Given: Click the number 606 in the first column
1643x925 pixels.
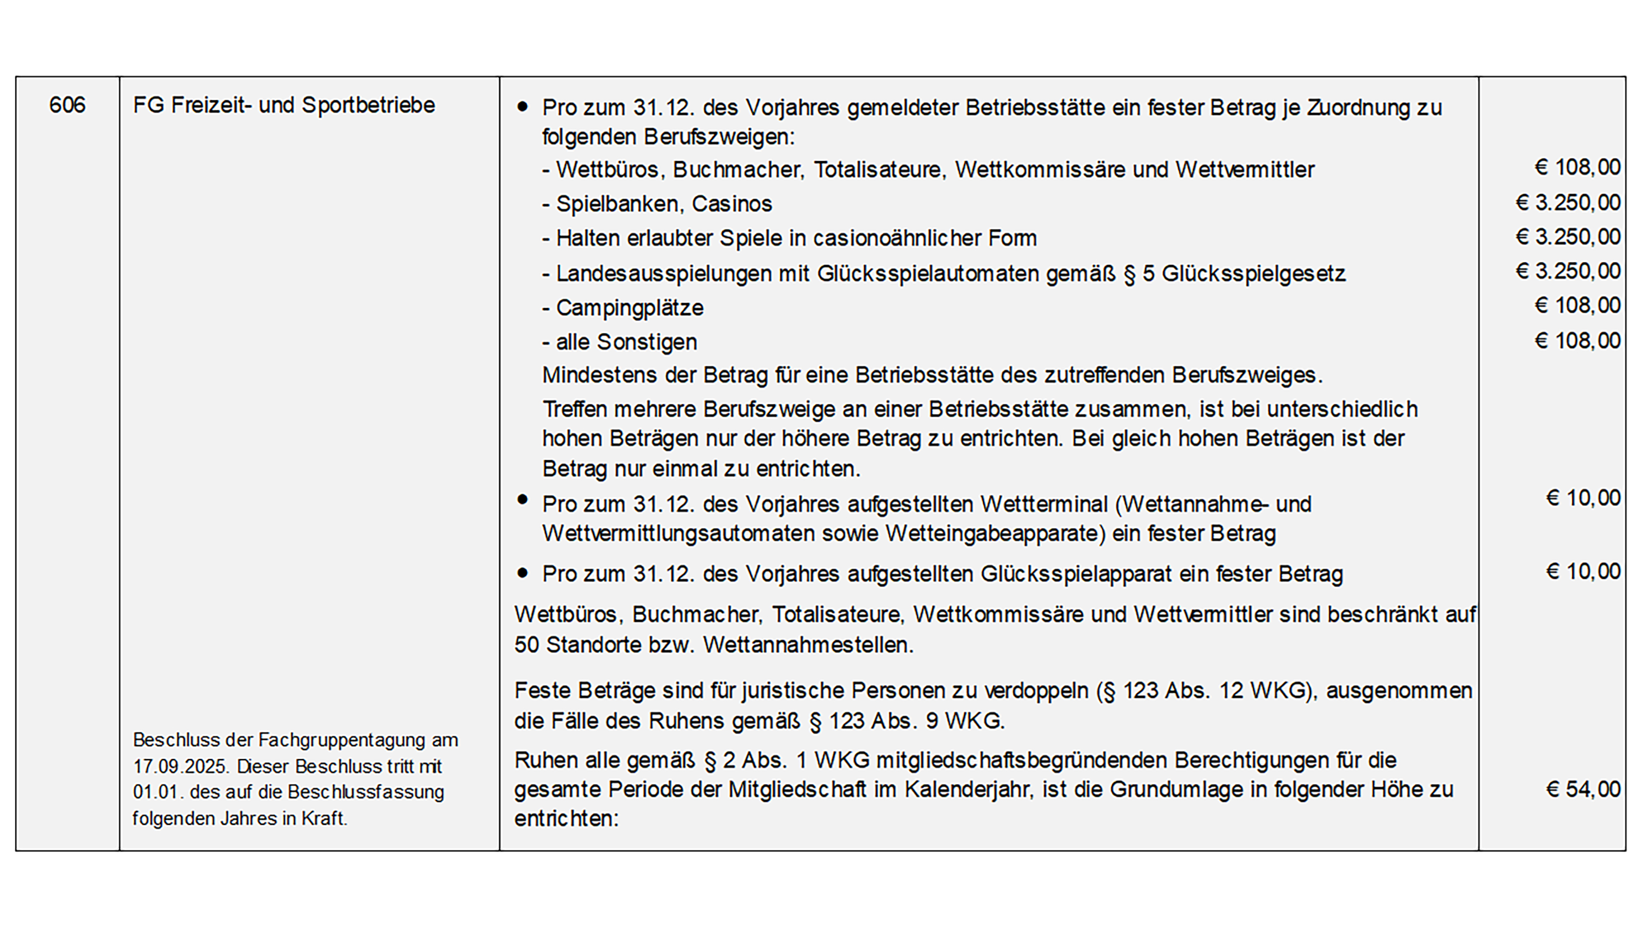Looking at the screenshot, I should (67, 105).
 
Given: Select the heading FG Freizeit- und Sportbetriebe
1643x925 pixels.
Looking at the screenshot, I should (284, 105).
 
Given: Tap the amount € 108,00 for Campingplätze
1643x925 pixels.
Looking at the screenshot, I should (1577, 306).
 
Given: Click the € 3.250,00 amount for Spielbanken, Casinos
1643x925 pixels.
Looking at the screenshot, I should (1568, 203).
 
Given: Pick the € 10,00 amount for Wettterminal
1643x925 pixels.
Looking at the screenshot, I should (1582, 498).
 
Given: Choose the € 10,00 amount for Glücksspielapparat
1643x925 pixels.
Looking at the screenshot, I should (1582, 572).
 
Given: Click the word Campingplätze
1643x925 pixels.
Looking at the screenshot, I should (629, 308).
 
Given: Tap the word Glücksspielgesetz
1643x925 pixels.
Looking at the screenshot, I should (1253, 274).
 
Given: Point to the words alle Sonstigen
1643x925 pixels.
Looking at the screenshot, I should (626, 343).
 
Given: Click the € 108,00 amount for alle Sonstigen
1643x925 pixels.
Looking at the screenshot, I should (1577, 341).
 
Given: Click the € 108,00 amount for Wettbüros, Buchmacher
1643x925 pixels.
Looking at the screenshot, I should (1577, 168).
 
